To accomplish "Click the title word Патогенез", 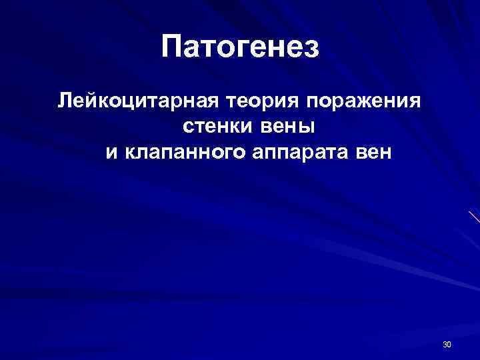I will tap(241, 47).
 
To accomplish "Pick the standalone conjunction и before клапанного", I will tap(111, 153).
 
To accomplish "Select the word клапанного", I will tap(184, 153).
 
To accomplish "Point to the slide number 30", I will tap(447, 344).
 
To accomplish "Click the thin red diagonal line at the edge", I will tap(474, 216).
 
